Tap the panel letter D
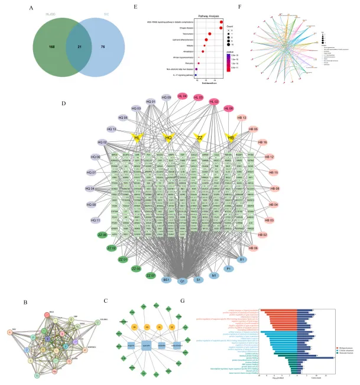(64, 103)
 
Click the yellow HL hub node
(137, 138)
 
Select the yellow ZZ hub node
(200, 138)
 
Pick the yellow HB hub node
(231, 138)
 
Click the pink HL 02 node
(214, 102)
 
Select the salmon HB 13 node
(241, 118)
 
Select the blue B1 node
(242, 260)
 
